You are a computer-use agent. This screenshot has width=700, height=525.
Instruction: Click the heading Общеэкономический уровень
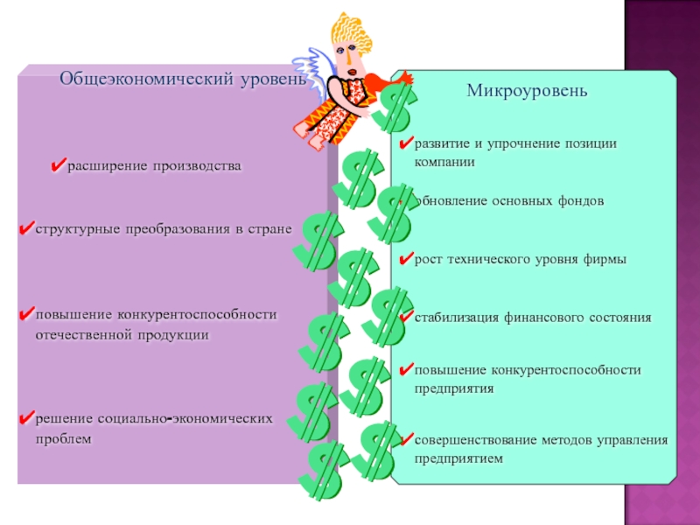click(x=183, y=80)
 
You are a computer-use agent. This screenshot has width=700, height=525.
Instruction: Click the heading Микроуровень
click(x=526, y=90)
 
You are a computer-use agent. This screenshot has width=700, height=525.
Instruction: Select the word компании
click(x=445, y=162)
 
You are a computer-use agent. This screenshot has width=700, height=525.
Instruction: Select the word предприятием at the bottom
click(x=459, y=458)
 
